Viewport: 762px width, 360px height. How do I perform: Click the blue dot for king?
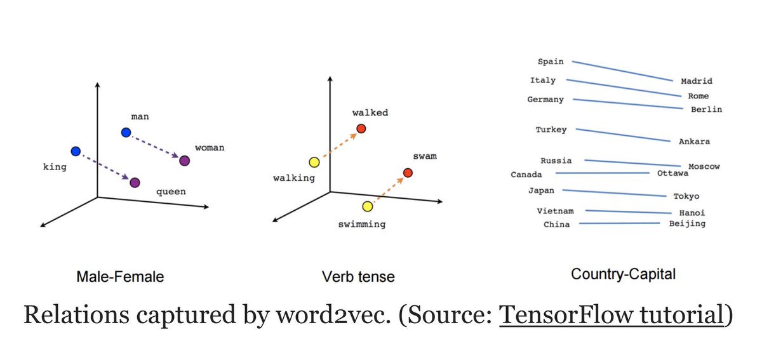[x=76, y=151]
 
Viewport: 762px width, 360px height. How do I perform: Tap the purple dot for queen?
[x=135, y=183]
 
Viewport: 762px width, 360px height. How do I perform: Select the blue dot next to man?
[x=126, y=132]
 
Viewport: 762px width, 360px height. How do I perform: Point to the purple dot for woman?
[x=184, y=161]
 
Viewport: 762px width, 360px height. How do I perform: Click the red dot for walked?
[x=361, y=129]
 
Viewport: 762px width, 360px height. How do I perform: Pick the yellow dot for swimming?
[x=368, y=206]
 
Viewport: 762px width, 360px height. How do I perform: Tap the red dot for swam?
[x=408, y=173]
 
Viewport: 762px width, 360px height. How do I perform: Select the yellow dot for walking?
[x=314, y=163]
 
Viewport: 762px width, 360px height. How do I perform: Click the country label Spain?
[x=551, y=62]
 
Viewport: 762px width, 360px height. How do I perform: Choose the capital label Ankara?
[x=694, y=142]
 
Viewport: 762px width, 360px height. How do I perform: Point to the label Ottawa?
[x=672, y=173]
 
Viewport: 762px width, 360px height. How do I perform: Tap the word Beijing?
[x=687, y=223]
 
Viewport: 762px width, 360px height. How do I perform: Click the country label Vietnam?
[x=555, y=211]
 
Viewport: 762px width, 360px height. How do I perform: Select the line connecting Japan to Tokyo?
[x=616, y=193]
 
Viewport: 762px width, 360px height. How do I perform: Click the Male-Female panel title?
[x=119, y=277]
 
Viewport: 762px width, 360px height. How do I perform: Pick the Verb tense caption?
[x=358, y=277]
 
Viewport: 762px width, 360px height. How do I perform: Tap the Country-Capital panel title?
[x=623, y=274]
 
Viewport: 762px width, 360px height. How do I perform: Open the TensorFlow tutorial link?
[x=611, y=314]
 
